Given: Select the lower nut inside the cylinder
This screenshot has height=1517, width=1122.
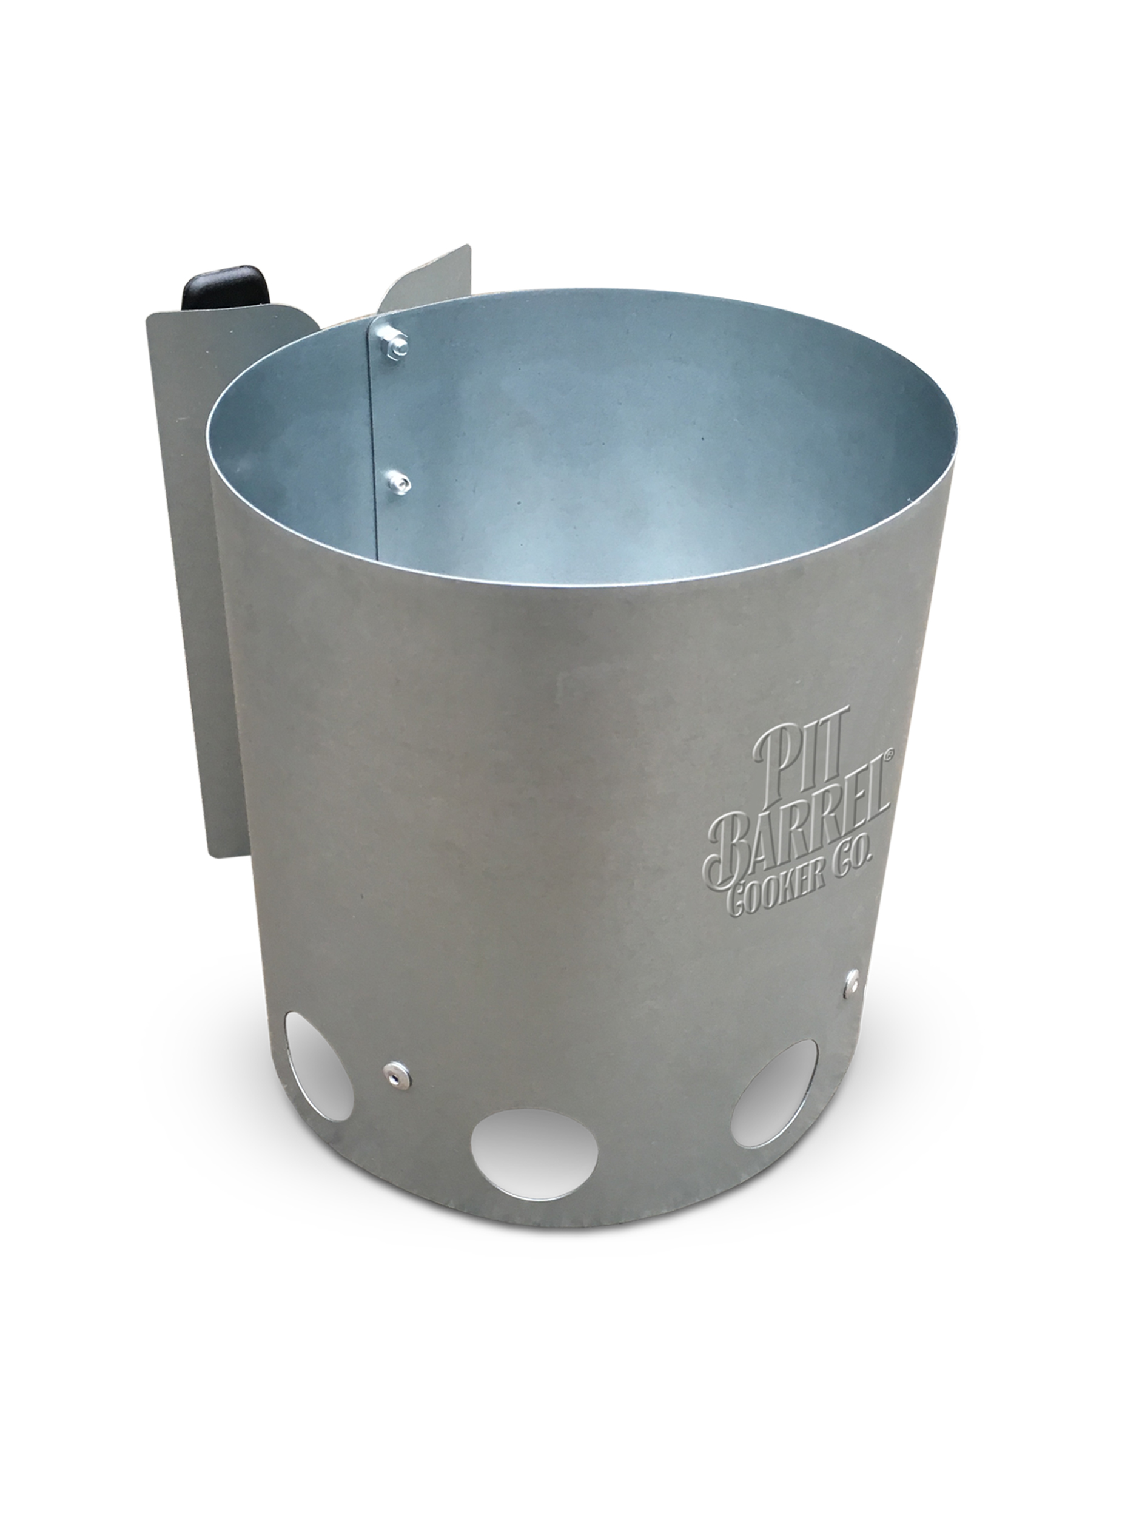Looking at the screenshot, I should pos(395,483).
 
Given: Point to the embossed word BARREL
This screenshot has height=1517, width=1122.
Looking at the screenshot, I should pos(801,828).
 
